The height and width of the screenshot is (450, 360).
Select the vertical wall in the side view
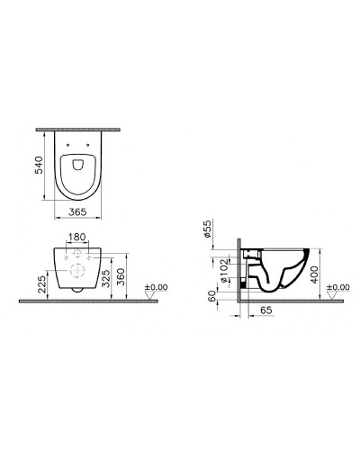pyautogui.click(x=239, y=270)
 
